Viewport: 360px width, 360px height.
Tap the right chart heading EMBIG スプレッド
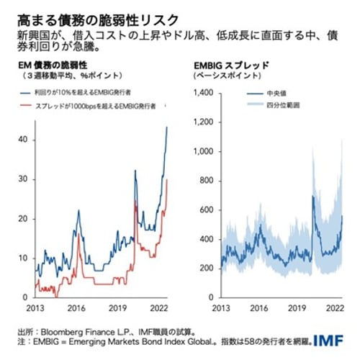coord(232,66)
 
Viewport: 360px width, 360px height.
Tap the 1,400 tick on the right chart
coord(206,93)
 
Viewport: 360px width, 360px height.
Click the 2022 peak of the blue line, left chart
coord(168,127)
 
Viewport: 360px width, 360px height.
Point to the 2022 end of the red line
coord(168,179)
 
